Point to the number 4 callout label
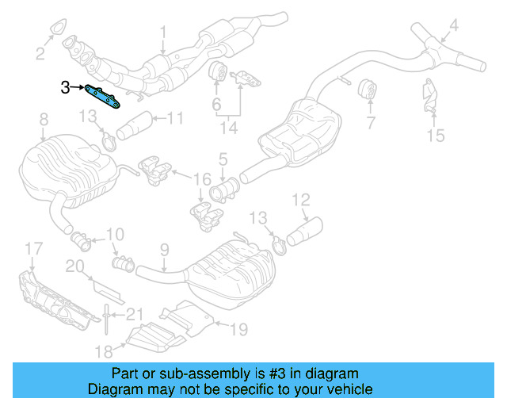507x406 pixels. tap(453, 28)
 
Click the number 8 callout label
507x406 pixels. tap(43, 120)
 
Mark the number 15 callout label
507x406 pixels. tap(436, 136)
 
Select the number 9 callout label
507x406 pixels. tap(164, 250)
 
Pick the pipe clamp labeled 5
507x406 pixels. tap(224, 191)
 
